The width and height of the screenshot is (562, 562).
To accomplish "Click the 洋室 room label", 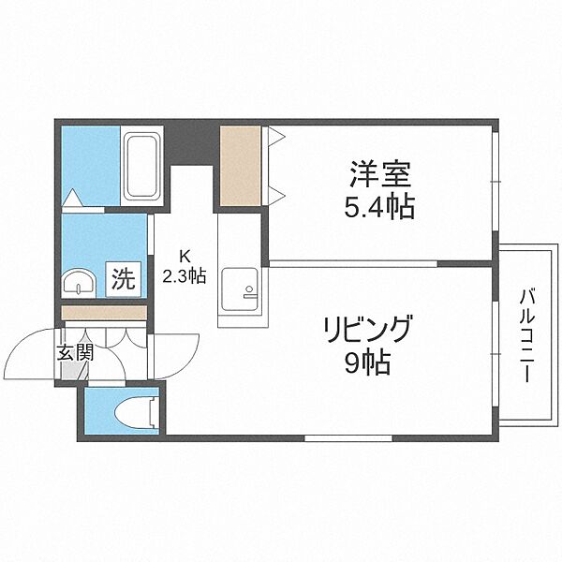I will (381, 175).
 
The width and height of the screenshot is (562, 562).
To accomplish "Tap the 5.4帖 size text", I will (381, 205).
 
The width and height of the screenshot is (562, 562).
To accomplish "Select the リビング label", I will (367, 330).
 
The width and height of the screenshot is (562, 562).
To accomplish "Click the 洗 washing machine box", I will (124, 278).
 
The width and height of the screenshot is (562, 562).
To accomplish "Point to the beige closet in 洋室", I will (240, 165).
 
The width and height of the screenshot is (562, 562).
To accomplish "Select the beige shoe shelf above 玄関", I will (104, 313).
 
